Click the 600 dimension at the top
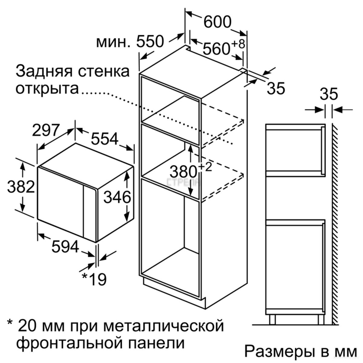217,22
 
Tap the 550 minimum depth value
150,42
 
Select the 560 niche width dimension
216,49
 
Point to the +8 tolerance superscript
238,44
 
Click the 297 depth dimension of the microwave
45,131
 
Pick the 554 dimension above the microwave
104,139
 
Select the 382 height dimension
21,187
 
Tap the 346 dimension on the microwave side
117,198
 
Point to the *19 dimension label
94,279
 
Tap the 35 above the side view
329,94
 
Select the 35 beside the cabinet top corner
276,88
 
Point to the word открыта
47,89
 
